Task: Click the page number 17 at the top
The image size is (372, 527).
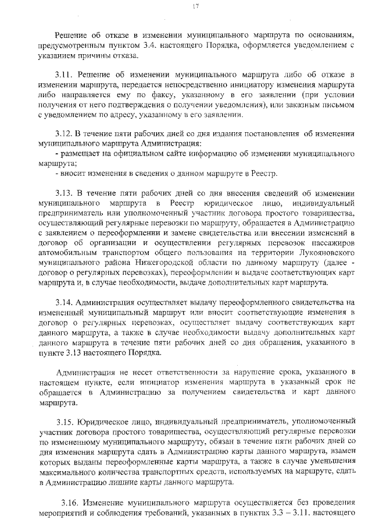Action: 195,6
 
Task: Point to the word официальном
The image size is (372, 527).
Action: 131,154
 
